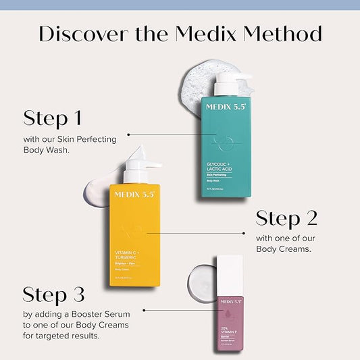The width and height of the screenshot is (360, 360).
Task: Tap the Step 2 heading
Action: coord(286,218)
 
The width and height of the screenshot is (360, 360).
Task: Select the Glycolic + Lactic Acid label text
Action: coord(223,165)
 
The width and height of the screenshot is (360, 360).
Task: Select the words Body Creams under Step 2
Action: coord(286,250)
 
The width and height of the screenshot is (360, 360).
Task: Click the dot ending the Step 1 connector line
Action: coord(128,134)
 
